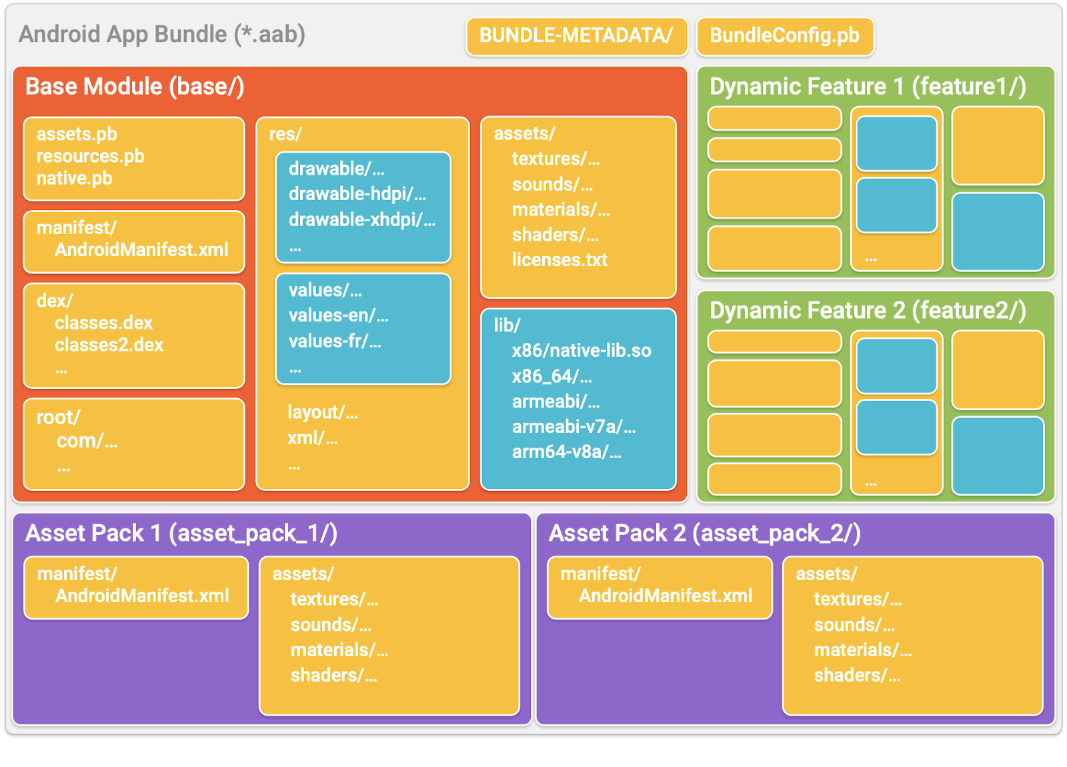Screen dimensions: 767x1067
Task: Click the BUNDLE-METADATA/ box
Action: point(576,36)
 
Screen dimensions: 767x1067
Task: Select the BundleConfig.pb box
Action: point(784,36)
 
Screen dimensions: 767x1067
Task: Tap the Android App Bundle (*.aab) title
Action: point(162,34)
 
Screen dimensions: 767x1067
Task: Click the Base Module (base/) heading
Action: point(135,87)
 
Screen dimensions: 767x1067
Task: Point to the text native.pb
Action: point(74,179)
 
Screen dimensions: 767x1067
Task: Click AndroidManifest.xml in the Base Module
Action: point(141,250)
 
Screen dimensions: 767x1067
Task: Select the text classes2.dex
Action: point(109,345)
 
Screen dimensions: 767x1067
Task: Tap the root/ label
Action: point(58,418)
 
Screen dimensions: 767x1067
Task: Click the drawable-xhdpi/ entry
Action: point(361,219)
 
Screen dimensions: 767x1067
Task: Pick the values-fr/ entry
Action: point(334,341)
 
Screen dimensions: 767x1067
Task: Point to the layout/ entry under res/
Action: point(322,413)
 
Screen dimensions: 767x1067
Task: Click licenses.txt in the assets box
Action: point(560,260)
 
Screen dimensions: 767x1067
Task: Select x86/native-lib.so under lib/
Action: point(581,351)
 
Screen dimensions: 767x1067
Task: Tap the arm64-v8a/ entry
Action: point(566,452)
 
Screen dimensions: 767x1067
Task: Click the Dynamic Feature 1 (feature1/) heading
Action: point(868,87)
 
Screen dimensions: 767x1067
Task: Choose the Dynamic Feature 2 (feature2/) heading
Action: point(868,311)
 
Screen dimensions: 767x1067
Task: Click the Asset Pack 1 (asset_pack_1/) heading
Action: point(181,534)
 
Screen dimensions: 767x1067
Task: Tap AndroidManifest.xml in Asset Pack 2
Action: point(665,596)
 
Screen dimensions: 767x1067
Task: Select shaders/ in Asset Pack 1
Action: point(333,676)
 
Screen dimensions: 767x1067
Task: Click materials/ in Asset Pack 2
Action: point(862,650)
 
